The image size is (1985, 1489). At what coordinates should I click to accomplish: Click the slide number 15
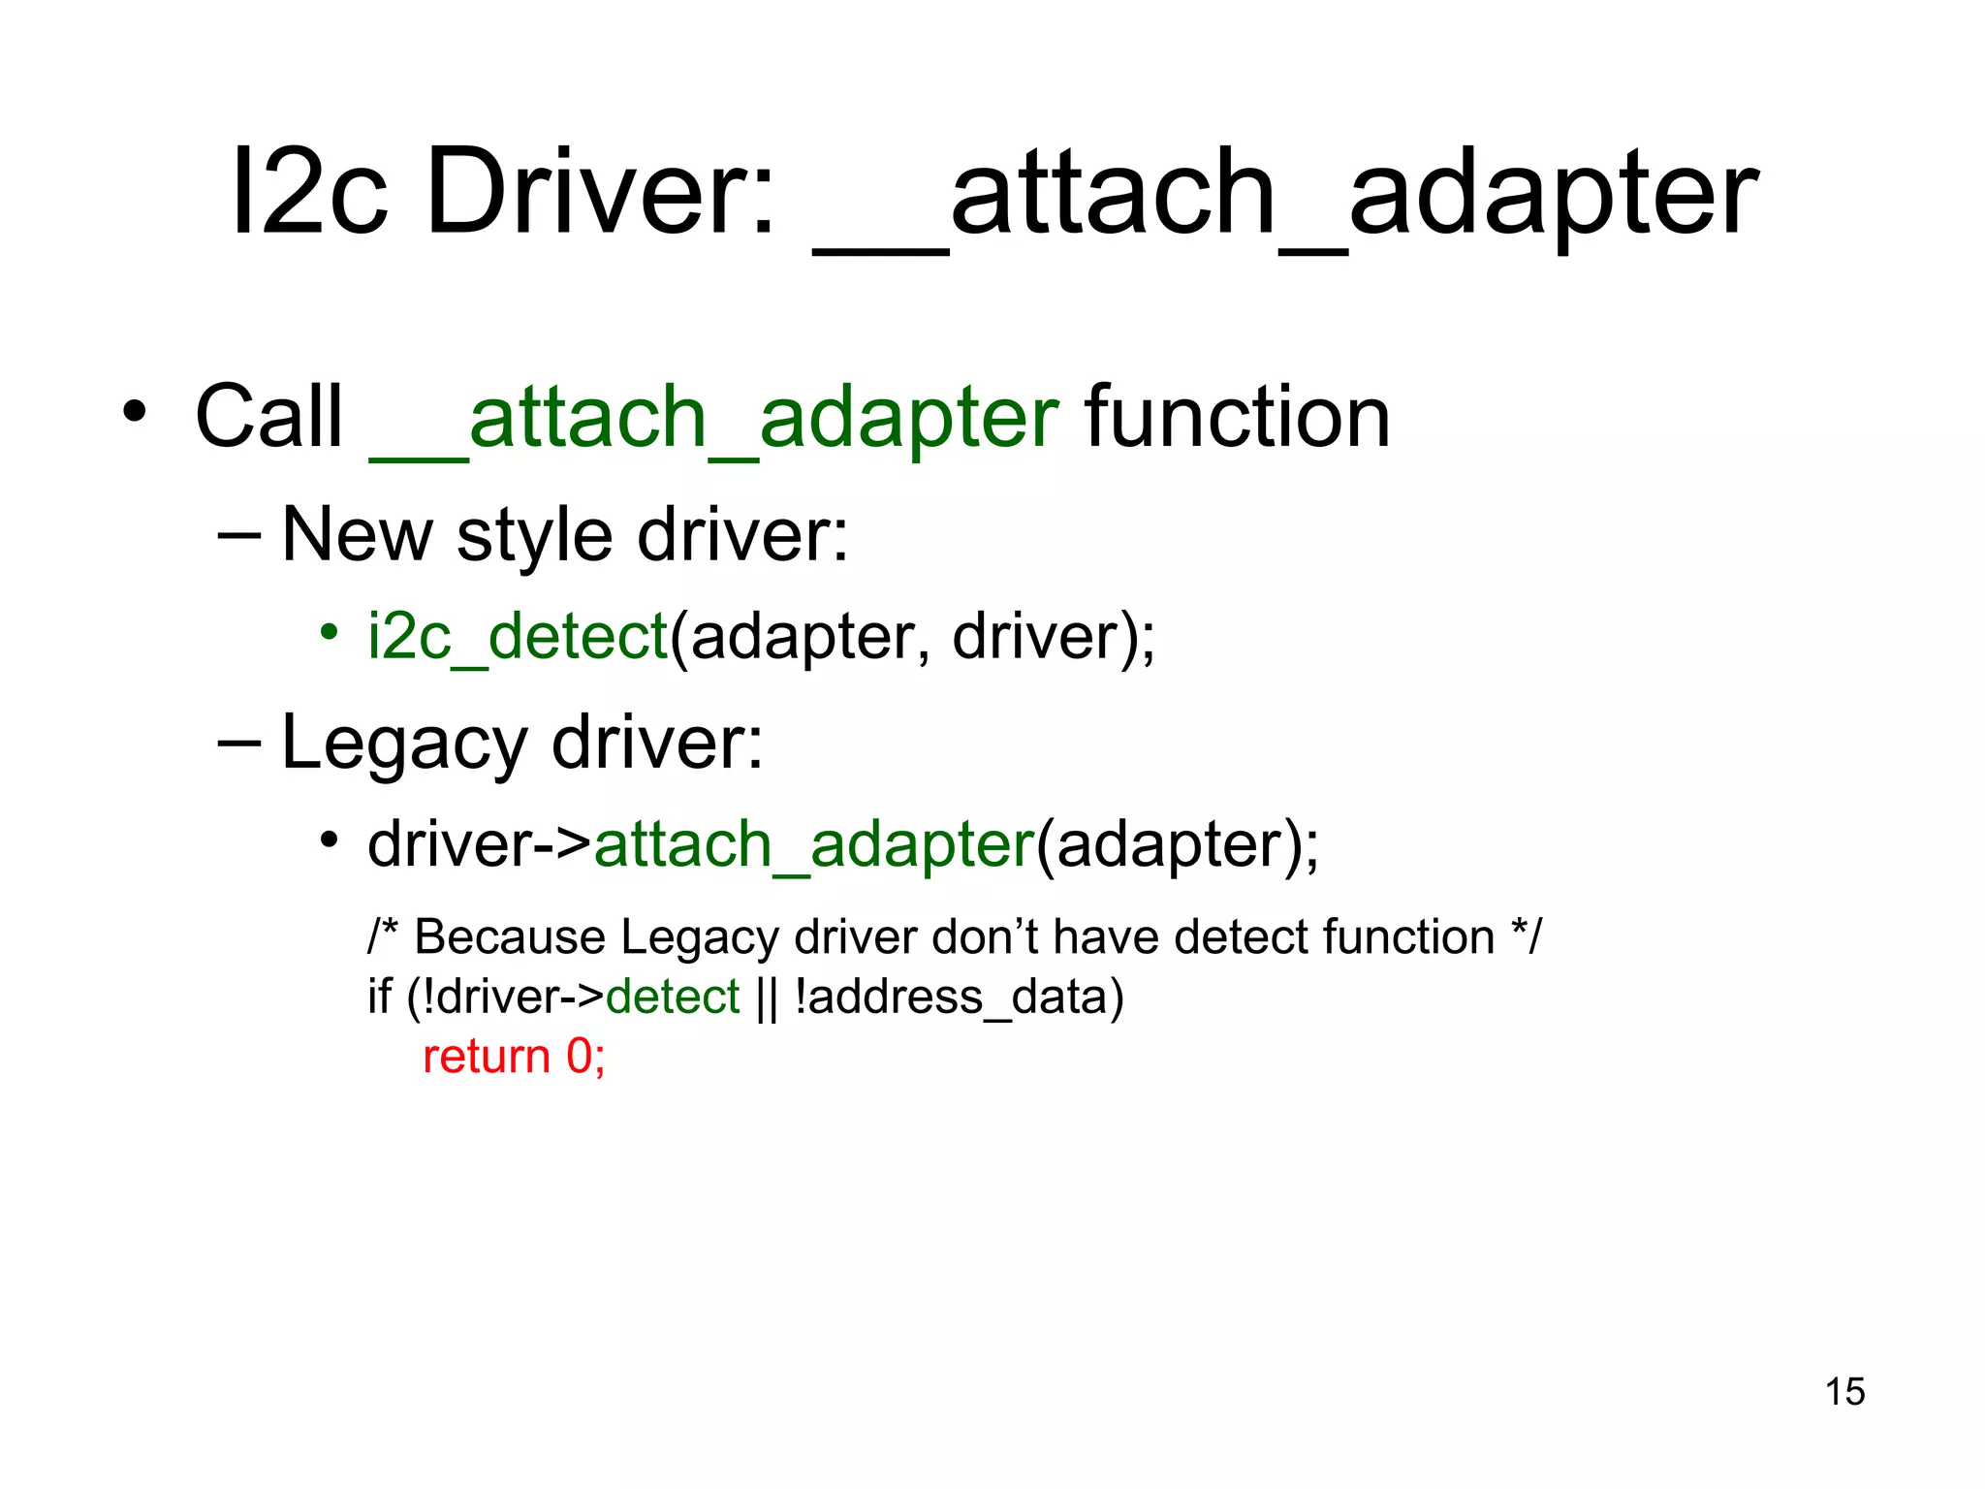pyautogui.click(x=1844, y=1391)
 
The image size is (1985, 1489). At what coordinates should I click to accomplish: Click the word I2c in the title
pyautogui.click(x=309, y=191)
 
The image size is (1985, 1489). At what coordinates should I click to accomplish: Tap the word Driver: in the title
pyautogui.click(x=601, y=191)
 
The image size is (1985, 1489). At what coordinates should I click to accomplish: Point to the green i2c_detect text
pyautogui.click(x=518, y=637)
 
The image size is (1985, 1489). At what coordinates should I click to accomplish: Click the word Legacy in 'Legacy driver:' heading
pyautogui.click(x=403, y=743)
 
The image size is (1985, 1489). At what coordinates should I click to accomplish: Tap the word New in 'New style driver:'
pyautogui.click(x=357, y=535)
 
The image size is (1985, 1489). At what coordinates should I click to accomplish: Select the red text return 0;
pyautogui.click(x=514, y=1056)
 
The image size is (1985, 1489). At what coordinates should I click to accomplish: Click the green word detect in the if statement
pyautogui.click(x=673, y=997)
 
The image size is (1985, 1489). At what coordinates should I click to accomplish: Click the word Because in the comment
pyautogui.click(x=510, y=937)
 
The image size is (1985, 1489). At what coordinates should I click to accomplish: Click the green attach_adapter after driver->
pyautogui.click(x=814, y=844)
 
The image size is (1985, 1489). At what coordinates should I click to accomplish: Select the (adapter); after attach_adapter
pyautogui.click(x=1177, y=844)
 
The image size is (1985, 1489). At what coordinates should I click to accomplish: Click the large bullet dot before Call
pyautogui.click(x=134, y=412)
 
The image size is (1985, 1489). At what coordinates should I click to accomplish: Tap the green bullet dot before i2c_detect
pyautogui.click(x=329, y=633)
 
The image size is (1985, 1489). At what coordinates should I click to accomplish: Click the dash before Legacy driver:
pyautogui.click(x=239, y=742)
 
